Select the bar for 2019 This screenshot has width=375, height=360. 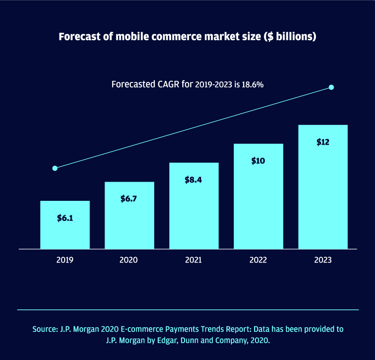click(x=65, y=225)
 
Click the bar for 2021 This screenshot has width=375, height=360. click(x=194, y=206)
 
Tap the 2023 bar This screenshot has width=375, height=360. click(x=322, y=187)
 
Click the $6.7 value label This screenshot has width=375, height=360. click(x=129, y=198)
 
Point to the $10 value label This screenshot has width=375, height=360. click(x=258, y=161)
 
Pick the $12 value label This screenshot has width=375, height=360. click(x=322, y=142)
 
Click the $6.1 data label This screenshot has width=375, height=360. click(x=65, y=218)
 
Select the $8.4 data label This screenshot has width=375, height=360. click(x=194, y=180)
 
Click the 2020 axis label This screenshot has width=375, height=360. click(x=129, y=260)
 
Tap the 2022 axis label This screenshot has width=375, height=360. click(x=258, y=260)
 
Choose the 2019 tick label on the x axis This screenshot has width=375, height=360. click(x=65, y=260)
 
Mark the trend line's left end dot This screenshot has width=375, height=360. click(x=55, y=168)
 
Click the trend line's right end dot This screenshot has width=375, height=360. click(x=331, y=87)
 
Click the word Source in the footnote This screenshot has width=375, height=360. click(x=45, y=329)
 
